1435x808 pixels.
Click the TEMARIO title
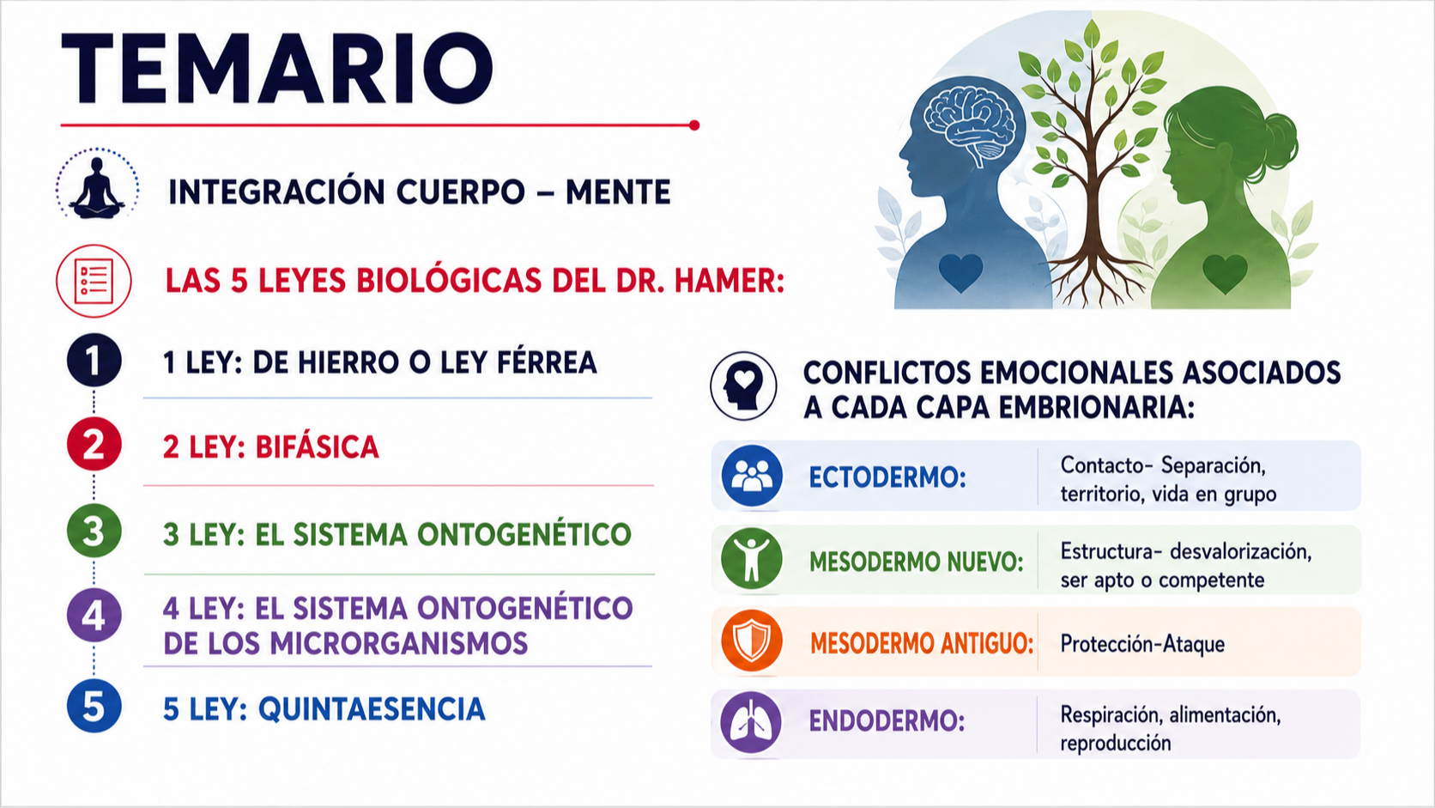(276, 69)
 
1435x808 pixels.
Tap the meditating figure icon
(97, 187)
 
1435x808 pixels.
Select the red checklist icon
(94, 281)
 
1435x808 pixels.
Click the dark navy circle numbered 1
(94, 360)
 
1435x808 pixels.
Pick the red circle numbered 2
(94, 444)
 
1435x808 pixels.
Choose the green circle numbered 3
(94, 531)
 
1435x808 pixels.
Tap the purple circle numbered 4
(94, 615)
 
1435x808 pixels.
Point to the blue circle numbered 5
(94, 706)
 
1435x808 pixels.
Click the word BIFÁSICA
(317, 447)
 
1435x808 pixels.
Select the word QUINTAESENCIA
(372, 709)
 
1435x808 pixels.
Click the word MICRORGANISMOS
(398, 643)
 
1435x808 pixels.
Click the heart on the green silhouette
(1225, 274)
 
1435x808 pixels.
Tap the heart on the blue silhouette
(961, 272)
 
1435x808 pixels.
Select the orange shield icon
(752, 641)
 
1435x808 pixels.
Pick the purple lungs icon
(751, 722)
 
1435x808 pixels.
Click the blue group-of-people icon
(752, 476)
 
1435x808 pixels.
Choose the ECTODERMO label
(887, 477)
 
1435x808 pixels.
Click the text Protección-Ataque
(1142, 643)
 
